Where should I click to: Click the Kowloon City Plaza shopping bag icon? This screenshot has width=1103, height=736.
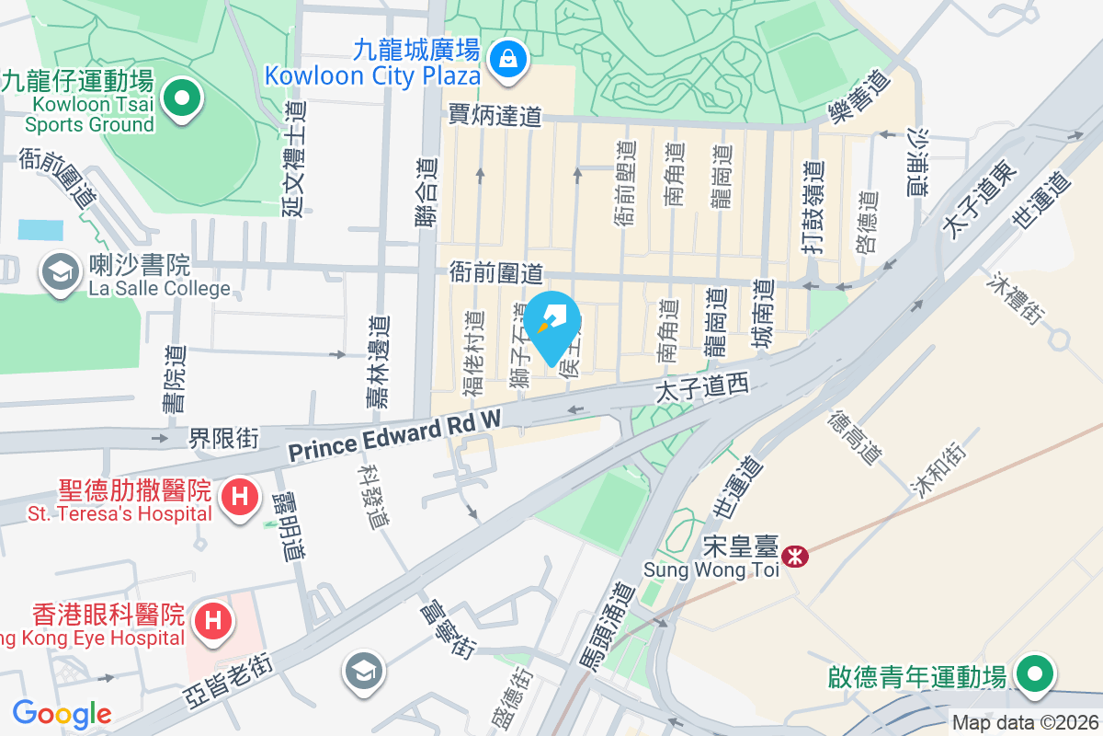coord(506,60)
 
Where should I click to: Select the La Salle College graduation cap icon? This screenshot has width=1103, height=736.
coord(62,272)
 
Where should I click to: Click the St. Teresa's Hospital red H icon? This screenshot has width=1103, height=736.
coord(240,497)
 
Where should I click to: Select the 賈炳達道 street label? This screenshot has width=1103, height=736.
coord(495,115)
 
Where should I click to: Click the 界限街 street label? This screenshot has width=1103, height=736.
coord(224,437)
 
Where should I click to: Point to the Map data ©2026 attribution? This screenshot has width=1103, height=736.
coord(1024,722)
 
